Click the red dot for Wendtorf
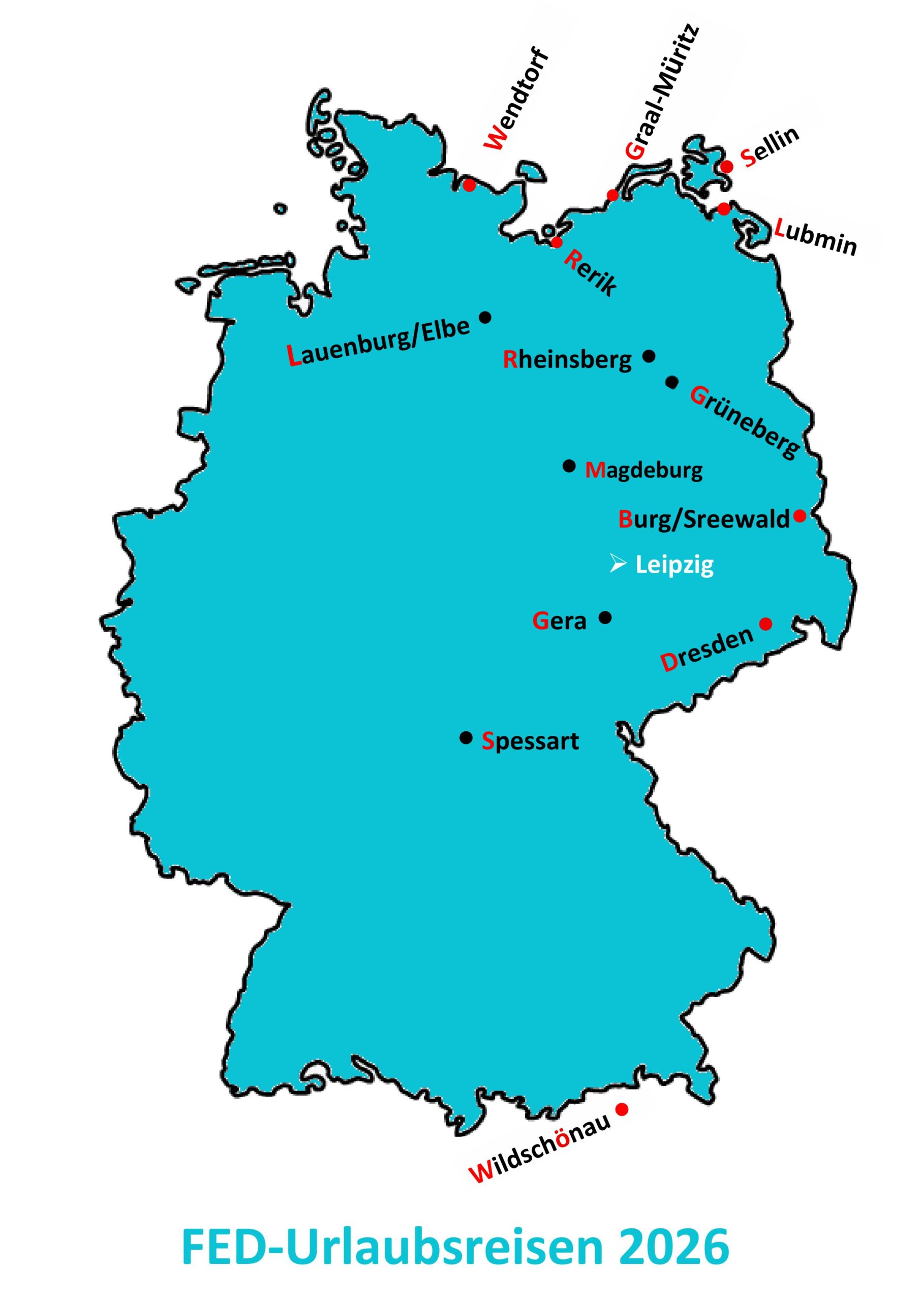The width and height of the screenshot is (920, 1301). (469, 185)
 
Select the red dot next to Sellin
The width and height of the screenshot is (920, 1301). (727, 166)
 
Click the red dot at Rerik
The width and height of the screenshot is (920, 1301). (557, 242)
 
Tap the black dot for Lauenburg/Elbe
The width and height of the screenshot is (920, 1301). (485, 317)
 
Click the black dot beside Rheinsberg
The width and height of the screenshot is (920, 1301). (650, 356)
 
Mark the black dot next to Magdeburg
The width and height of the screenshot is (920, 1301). (569, 466)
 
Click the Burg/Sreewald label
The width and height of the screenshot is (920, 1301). (703, 519)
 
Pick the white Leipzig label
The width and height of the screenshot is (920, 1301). (674, 566)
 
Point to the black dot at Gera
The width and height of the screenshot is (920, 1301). (605, 617)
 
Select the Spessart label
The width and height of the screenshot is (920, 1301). (530, 741)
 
